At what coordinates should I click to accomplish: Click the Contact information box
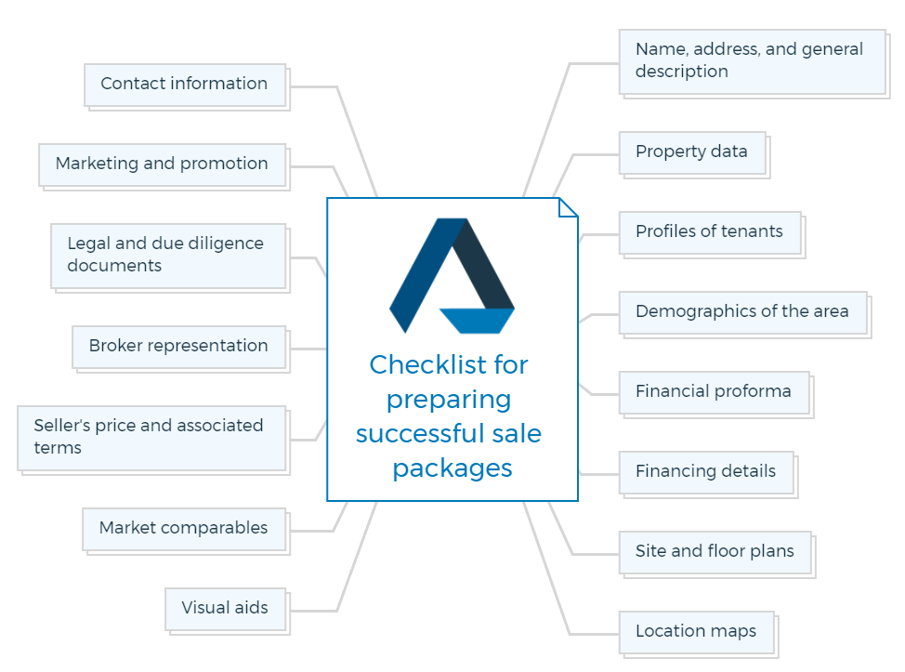pos(185,85)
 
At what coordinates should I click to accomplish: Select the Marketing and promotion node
pos(163,165)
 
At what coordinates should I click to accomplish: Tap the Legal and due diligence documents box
pos(168,256)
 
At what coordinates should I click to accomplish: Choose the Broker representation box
pos(179,347)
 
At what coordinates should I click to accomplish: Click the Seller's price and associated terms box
pos(151,438)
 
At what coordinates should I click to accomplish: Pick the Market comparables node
pos(184,530)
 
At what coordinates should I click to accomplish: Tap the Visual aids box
pos(226,609)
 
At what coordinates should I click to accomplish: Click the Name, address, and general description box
pos(753,61)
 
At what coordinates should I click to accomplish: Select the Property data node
pos(692,153)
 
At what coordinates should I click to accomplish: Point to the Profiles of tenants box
pos(710,232)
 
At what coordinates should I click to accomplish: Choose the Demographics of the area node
pos(743,313)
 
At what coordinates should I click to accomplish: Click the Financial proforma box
pos(715,393)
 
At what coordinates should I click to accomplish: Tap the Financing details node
pos(706,473)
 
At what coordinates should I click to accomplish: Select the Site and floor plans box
pos(715,553)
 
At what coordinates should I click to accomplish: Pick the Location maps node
pos(697,633)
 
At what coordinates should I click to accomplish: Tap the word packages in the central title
pos(452,469)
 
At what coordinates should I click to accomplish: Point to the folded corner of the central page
pos(568,208)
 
